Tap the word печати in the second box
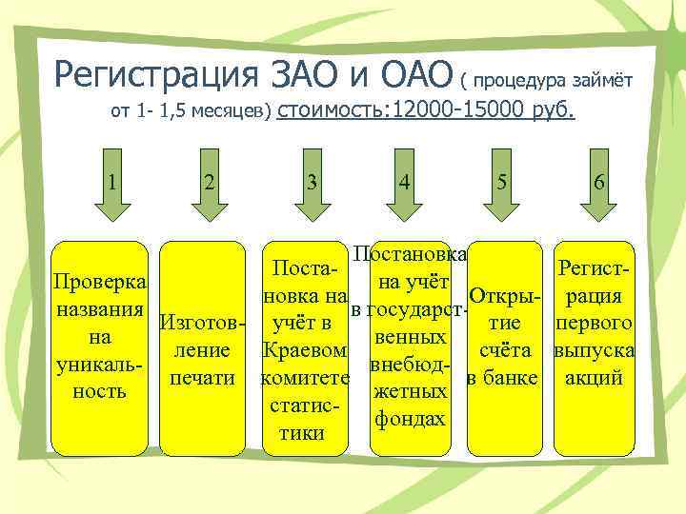click(x=202, y=377)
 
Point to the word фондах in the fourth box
click(x=411, y=418)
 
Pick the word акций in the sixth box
click(x=594, y=377)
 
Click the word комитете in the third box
click(x=305, y=378)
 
